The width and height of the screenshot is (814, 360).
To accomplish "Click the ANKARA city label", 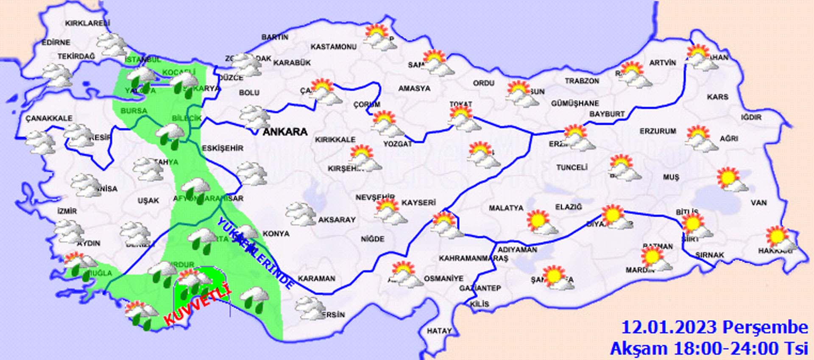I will coord(285,132).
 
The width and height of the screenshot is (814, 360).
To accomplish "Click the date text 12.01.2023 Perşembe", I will coord(714,328).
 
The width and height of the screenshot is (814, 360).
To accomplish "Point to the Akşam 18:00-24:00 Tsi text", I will coord(709,348).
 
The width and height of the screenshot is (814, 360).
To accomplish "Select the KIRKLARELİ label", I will coord(87,23).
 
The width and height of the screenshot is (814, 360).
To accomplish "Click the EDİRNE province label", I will coord(56,42).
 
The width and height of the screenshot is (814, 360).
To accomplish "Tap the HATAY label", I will coord(439,331).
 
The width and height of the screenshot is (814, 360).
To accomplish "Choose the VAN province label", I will coord(758,203).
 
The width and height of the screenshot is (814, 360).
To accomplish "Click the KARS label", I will coord(717,97).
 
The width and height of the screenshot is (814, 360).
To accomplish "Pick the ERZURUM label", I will coord(658,131).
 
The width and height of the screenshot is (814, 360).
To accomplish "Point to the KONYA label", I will coord(276,234).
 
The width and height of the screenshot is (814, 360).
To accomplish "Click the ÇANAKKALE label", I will coord(49,118).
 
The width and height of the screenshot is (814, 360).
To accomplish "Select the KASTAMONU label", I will coord(333,47).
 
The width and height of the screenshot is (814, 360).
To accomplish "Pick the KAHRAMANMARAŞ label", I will coord(473,258).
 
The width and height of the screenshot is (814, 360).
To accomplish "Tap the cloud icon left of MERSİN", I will coord(310,308).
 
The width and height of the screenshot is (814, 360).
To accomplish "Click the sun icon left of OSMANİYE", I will coord(405,274).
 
